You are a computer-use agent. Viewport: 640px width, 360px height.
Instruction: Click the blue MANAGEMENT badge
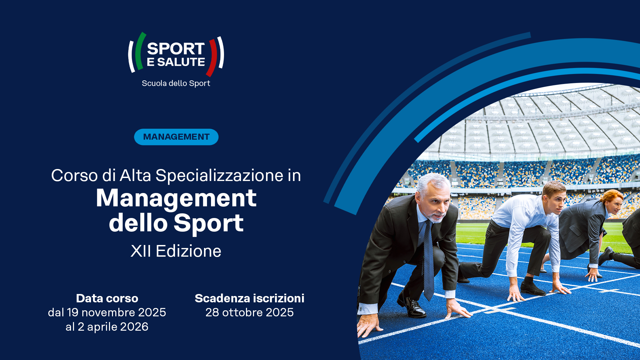pyautogui.click(x=176, y=137)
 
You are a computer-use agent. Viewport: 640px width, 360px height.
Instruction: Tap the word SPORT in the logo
pyautogui.click(x=176, y=49)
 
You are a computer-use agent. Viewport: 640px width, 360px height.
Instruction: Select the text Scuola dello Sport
pyautogui.click(x=176, y=83)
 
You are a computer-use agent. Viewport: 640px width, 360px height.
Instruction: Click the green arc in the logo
pyautogui.click(x=140, y=51)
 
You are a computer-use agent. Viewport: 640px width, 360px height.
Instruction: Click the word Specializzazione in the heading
pyautogui.click(x=219, y=175)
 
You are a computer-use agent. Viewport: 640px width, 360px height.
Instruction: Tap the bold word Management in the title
pyautogui.click(x=176, y=199)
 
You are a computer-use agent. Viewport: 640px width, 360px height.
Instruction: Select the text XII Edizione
pyautogui.click(x=176, y=251)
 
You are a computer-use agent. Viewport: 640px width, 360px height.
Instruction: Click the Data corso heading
pyautogui.click(x=107, y=298)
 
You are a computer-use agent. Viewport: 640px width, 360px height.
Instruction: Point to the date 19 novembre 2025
pyautogui.click(x=116, y=312)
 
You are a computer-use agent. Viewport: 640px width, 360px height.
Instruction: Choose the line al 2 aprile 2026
pyautogui.click(x=107, y=327)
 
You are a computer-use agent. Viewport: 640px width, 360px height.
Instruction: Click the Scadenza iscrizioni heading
pyautogui.click(x=249, y=298)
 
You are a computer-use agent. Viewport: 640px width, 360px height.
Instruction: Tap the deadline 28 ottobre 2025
pyautogui.click(x=249, y=312)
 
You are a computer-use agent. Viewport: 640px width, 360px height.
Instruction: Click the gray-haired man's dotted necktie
pyautogui.click(x=429, y=260)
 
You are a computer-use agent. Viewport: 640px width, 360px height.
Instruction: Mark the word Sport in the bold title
pyautogui.click(x=209, y=223)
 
